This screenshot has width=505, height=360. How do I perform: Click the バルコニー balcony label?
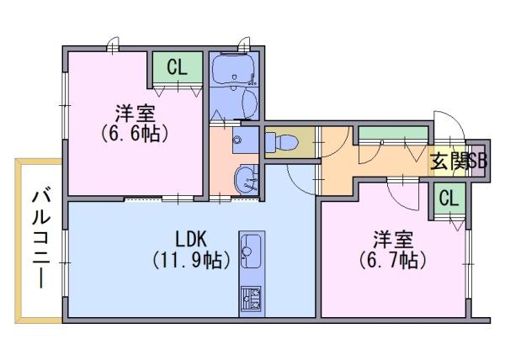point(41,239)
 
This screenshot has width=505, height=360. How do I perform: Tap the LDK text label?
point(191,240)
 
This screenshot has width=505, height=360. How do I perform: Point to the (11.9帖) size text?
point(191,260)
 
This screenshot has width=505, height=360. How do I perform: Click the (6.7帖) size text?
point(392,260)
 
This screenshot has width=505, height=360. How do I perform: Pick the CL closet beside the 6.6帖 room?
point(177,67)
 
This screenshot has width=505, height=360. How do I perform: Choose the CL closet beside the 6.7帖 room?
point(449,199)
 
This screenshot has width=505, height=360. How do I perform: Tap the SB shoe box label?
point(477,161)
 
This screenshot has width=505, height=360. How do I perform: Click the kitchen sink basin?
point(251,251)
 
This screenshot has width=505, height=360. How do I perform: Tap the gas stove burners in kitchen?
point(252,299)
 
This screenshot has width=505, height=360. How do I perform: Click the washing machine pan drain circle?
point(238,140)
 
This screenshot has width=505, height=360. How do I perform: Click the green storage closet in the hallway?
point(393,133)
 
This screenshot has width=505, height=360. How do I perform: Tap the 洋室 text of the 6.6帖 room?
point(136,114)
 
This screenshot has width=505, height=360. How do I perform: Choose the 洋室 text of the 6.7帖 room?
point(393,240)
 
